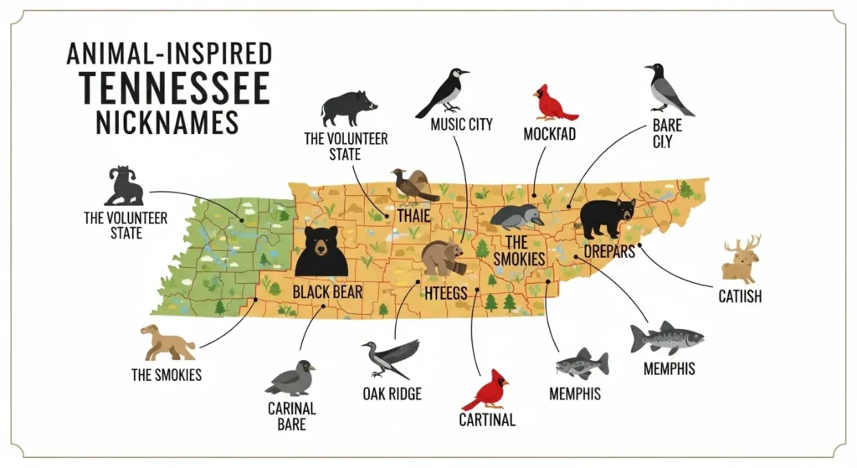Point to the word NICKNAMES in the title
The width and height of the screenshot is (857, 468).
[x=167, y=121]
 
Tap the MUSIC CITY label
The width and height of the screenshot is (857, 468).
[x=461, y=126]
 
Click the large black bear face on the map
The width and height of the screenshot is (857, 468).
[x=321, y=252]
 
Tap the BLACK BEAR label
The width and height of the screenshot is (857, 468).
[x=327, y=291]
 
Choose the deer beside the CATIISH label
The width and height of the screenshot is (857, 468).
[x=742, y=260]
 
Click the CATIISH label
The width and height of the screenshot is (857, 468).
[x=740, y=296]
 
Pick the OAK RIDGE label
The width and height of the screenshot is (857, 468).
[x=393, y=394]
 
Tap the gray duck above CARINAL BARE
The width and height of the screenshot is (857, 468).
[x=291, y=378]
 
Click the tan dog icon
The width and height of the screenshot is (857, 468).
[x=166, y=342]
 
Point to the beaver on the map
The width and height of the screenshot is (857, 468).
[x=442, y=258]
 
